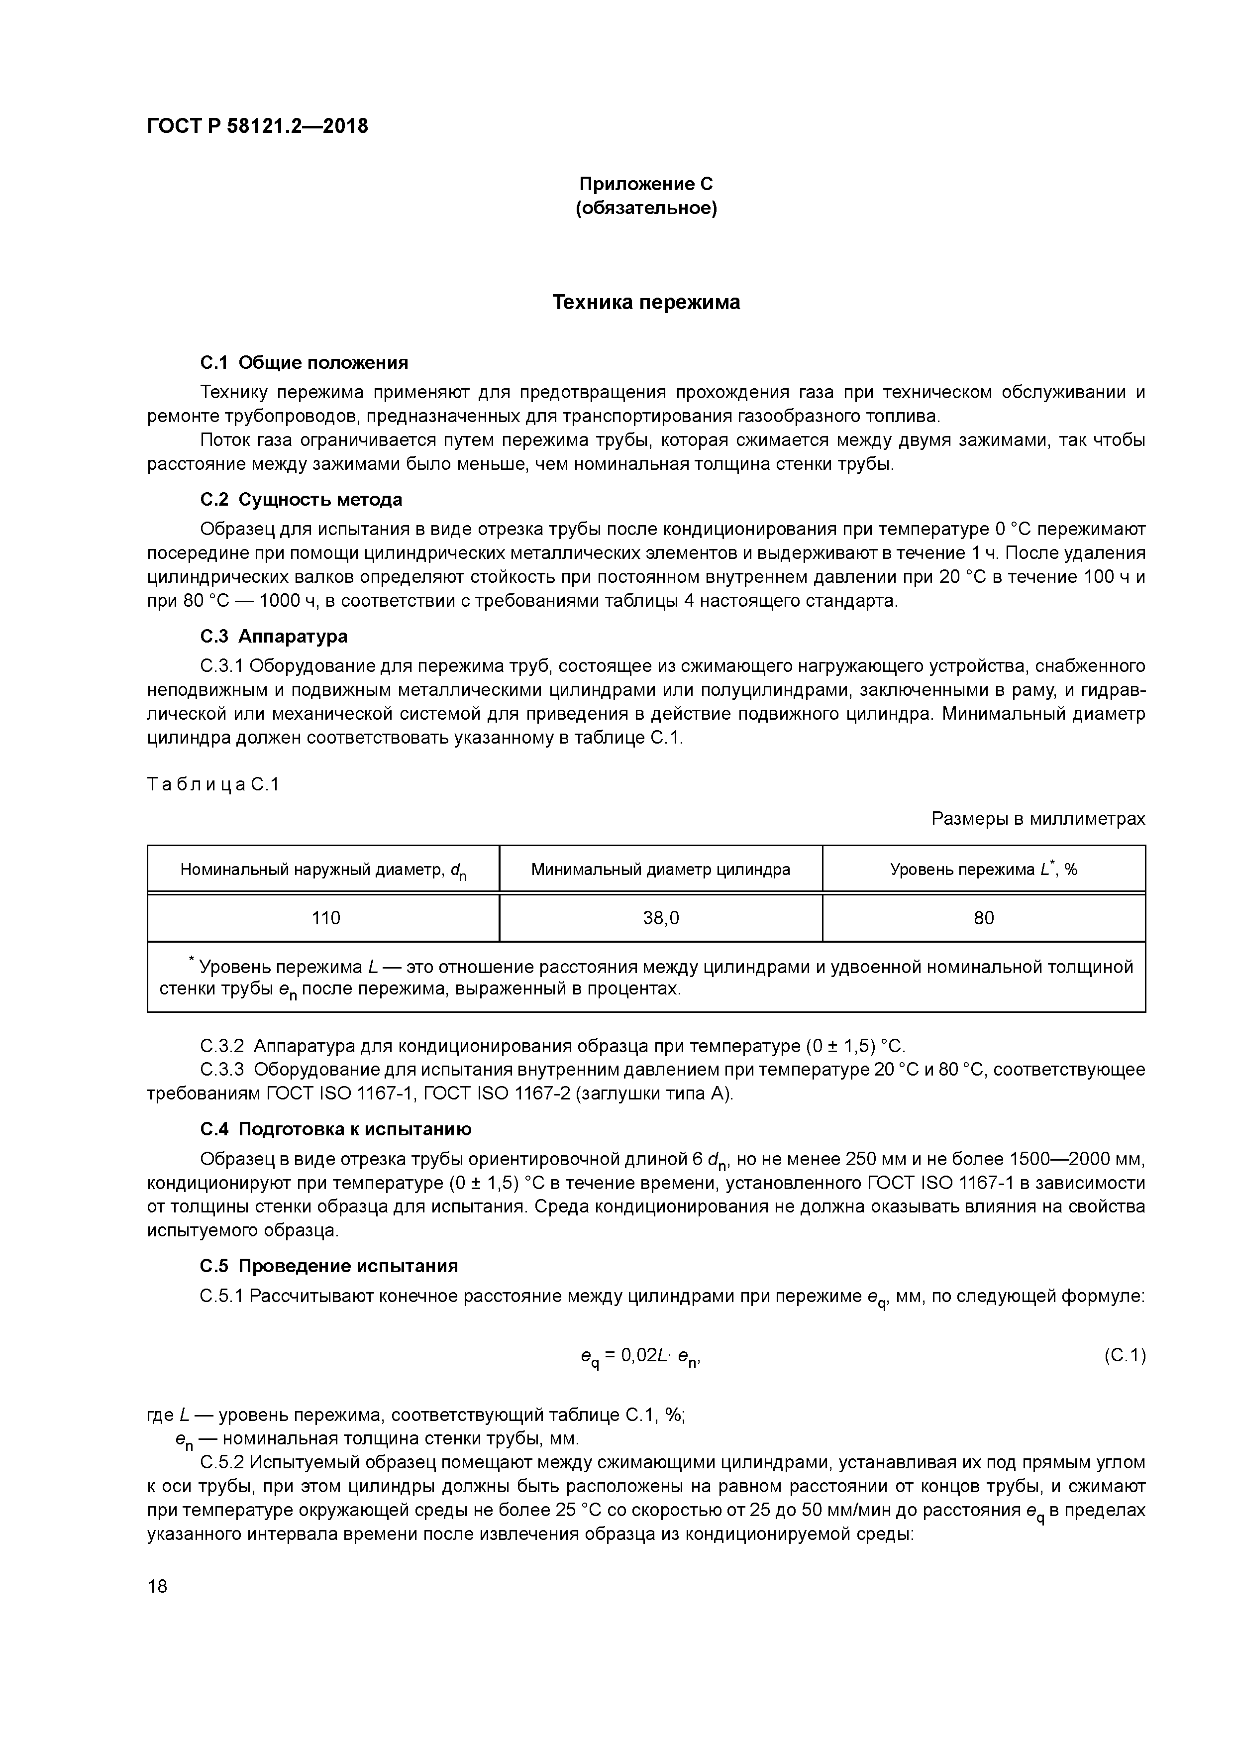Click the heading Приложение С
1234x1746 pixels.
click(x=645, y=184)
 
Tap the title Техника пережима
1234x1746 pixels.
click(x=645, y=303)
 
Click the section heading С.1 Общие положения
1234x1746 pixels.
click(x=304, y=363)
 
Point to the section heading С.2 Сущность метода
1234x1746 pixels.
click(x=301, y=500)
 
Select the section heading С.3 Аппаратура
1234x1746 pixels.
click(x=274, y=636)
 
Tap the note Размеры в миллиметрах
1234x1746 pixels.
click(x=1038, y=819)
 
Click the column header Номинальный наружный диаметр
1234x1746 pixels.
click(x=323, y=869)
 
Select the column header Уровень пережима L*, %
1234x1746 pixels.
click(x=983, y=869)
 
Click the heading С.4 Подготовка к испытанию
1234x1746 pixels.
click(x=335, y=1129)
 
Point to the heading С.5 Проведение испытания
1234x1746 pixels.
click(x=328, y=1266)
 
